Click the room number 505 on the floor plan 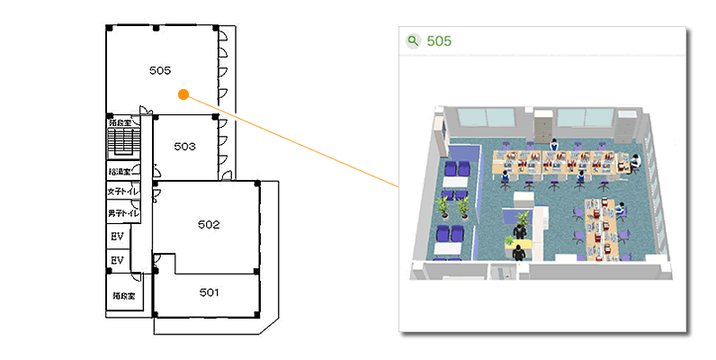click(x=160, y=69)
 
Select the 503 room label click(x=184, y=146)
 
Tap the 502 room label click(x=209, y=225)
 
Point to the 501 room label click(x=209, y=292)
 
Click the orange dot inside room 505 click(x=183, y=93)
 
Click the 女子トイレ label click(x=122, y=192)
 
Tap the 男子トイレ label click(x=122, y=213)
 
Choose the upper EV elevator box click(x=117, y=237)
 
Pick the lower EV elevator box click(x=117, y=260)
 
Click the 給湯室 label click(x=120, y=171)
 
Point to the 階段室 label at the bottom click(x=124, y=295)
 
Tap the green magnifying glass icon click(x=413, y=40)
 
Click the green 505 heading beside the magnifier click(x=439, y=40)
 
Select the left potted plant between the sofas click(x=444, y=207)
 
